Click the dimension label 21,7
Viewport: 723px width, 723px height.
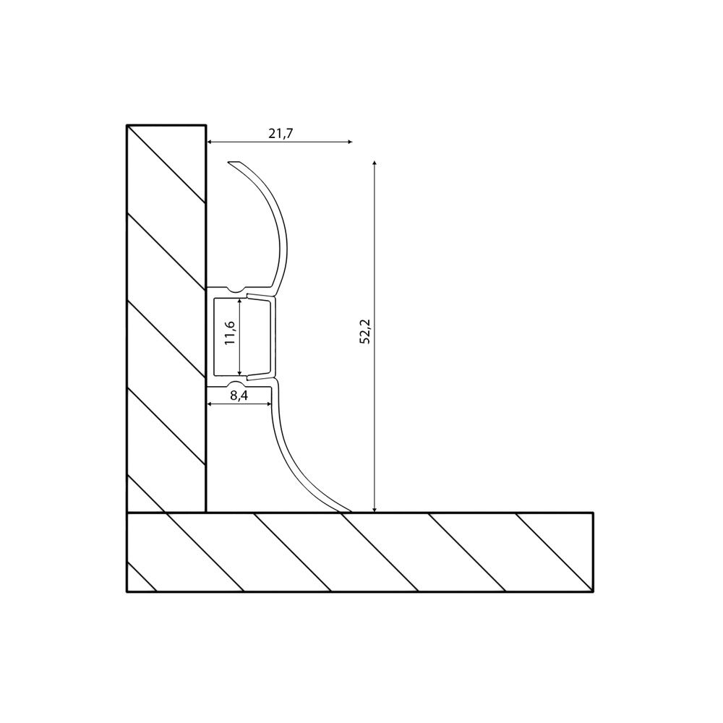click(281, 133)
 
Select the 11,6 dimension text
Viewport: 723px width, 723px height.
click(230, 333)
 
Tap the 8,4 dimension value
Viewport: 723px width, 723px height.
click(239, 396)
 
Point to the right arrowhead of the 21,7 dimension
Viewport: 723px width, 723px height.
click(350, 142)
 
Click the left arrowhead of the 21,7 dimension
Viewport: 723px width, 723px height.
click(209, 142)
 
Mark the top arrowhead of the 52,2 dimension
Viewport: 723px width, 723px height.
click(375, 163)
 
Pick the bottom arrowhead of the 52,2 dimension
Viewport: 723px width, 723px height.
click(375, 509)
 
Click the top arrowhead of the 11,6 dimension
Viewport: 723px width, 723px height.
click(240, 301)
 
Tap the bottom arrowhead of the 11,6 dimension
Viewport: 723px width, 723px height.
click(240, 372)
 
